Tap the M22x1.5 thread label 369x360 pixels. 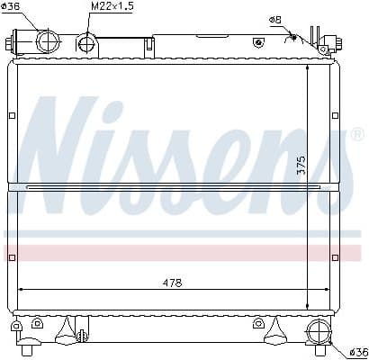(112, 8)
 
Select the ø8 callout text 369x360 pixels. (274, 20)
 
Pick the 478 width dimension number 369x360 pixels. (172, 282)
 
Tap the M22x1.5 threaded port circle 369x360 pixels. (86, 41)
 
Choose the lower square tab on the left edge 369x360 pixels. (12, 257)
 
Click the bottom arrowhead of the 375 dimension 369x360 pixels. (310, 307)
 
